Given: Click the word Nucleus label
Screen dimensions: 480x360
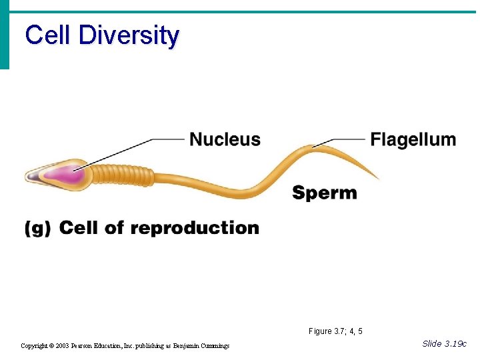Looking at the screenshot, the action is click(225, 139).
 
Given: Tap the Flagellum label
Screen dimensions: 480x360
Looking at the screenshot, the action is click(413, 139).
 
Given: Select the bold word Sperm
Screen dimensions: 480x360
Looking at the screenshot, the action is click(325, 193).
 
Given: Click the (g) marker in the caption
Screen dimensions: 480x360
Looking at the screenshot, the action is click(37, 229).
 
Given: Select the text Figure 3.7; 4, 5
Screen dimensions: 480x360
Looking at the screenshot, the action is click(335, 331).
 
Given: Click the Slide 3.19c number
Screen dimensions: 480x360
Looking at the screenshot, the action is click(445, 343).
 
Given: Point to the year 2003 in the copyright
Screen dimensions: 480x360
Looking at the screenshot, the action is click(63, 346).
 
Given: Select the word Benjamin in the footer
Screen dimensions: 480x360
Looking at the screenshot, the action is click(180, 346).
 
